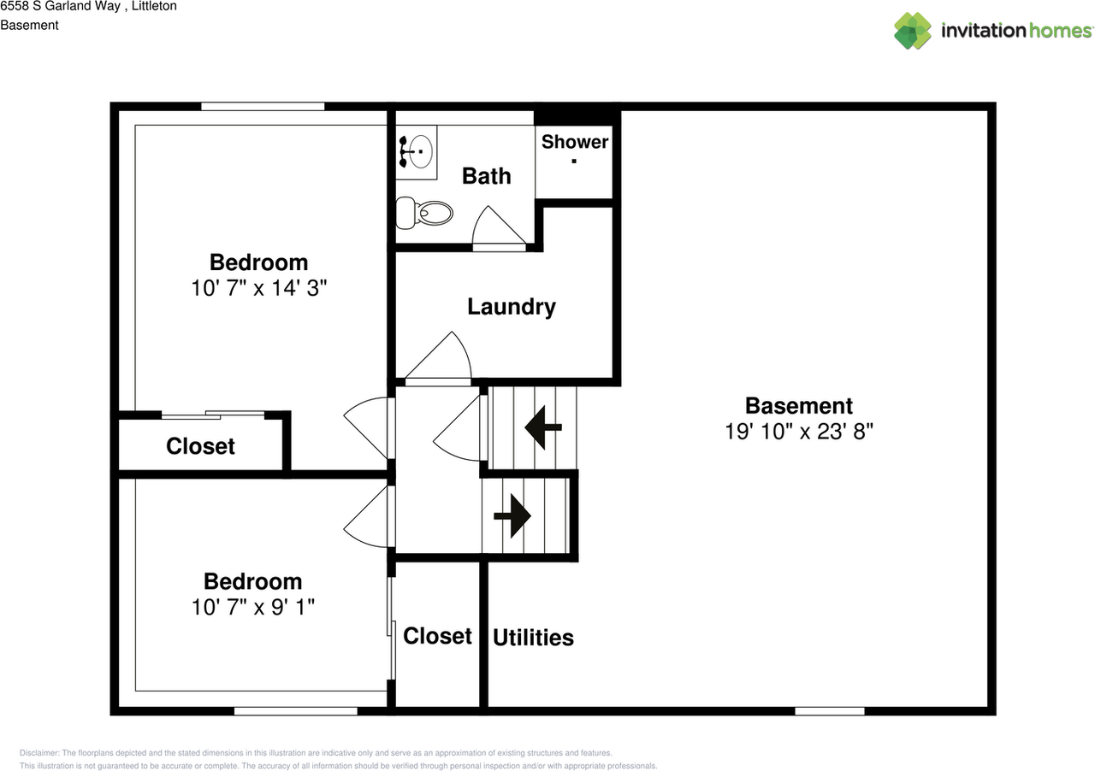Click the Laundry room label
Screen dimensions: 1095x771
[512, 308]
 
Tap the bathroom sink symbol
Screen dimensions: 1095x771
[417, 151]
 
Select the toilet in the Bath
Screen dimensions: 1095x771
[423, 213]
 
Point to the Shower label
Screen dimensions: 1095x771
[575, 142]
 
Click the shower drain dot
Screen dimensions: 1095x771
[574, 161]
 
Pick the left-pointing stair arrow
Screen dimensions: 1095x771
[543, 427]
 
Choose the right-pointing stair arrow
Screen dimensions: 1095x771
[512, 516]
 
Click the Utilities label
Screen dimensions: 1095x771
[533, 638]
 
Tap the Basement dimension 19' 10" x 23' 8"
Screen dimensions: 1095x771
[799, 432]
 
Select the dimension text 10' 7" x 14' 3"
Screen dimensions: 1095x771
[258, 288]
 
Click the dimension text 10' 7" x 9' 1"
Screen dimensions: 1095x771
[252, 608]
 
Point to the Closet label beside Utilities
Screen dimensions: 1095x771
[437, 636]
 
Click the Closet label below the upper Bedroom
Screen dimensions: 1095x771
[200, 446]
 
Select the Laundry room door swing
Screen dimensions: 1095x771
[439, 356]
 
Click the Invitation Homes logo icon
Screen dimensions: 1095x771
[913, 31]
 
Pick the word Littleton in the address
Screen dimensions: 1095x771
[154, 6]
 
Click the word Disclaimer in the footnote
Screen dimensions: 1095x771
[38, 753]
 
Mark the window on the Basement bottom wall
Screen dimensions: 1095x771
[830, 711]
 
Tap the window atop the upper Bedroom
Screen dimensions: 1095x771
[263, 107]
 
